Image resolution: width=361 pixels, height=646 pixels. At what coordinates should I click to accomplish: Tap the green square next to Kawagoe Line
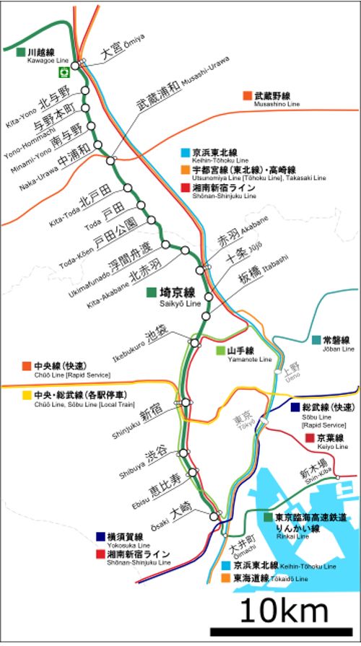click(x=20, y=52)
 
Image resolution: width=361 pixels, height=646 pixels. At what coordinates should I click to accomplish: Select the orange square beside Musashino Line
click(x=248, y=95)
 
